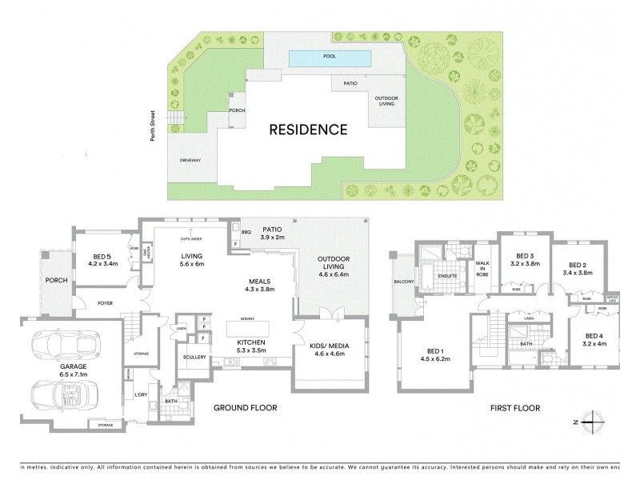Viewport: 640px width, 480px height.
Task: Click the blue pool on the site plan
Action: (329, 58)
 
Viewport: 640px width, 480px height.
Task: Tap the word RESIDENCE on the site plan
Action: (308, 129)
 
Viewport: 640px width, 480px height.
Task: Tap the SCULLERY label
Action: (195, 356)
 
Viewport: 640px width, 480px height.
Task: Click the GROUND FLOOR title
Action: (245, 408)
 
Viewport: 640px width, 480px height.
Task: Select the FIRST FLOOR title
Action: (514, 408)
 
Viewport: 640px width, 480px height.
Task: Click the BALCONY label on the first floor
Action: (402, 282)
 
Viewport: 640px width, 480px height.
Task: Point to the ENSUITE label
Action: (447, 276)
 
